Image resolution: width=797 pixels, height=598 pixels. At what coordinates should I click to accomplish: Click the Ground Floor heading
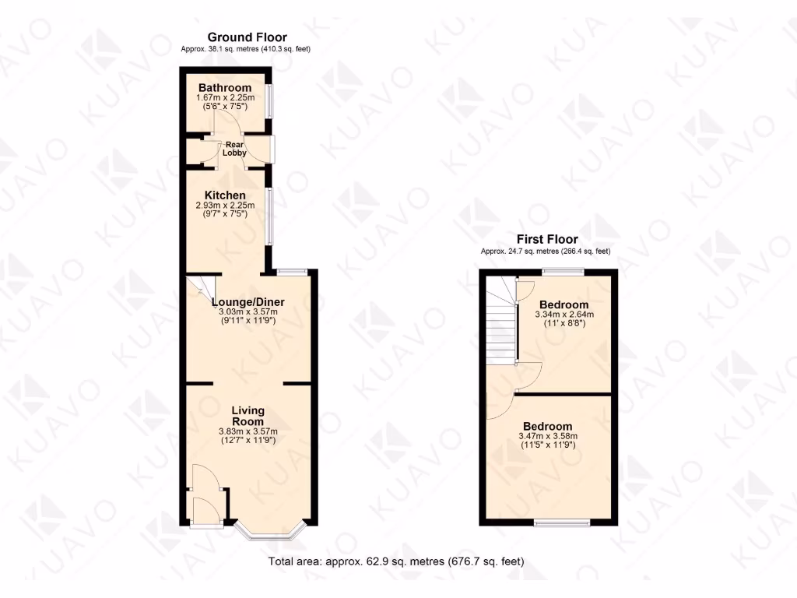(x=246, y=37)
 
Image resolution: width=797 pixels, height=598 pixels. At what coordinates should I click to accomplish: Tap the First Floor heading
(x=548, y=240)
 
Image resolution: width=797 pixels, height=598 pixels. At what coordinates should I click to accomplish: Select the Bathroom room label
(x=224, y=87)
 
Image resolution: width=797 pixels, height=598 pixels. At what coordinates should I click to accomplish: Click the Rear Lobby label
(x=235, y=148)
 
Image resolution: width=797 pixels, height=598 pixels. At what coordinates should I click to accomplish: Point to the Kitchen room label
(x=225, y=195)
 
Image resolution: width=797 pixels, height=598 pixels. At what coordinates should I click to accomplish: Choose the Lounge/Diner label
(x=248, y=302)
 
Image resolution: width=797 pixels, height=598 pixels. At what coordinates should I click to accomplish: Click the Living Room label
(x=248, y=416)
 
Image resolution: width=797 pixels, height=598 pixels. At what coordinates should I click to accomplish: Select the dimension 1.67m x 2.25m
(x=224, y=98)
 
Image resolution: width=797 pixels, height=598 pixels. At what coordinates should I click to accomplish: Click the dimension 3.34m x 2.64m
(x=564, y=315)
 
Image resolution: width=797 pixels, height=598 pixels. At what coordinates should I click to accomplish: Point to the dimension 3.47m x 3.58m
(x=559, y=437)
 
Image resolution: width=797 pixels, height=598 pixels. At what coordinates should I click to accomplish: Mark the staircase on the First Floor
(x=501, y=327)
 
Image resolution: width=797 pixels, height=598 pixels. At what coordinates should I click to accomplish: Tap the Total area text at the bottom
(x=397, y=561)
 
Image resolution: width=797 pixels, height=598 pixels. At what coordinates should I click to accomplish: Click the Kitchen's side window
(x=270, y=216)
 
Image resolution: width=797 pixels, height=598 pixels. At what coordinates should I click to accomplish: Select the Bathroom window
(x=270, y=101)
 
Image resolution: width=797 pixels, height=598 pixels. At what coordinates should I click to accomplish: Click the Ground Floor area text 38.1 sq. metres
(x=246, y=49)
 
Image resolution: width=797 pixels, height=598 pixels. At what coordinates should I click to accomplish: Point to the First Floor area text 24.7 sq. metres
(x=546, y=251)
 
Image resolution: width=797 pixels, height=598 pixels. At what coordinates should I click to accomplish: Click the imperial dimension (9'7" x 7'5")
(x=225, y=214)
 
